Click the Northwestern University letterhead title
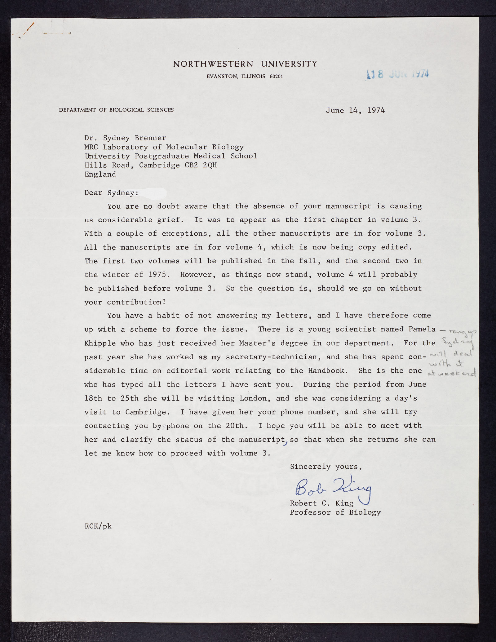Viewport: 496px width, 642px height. pos(245,64)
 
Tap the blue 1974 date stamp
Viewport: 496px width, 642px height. pos(398,74)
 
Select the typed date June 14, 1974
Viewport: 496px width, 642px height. pos(355,110)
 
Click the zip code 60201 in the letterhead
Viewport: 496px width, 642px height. pos(276,77)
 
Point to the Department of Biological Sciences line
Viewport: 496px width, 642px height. pos(116,110)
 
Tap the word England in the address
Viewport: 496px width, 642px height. pos(100,174)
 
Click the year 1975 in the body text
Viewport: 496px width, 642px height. pos(159,275)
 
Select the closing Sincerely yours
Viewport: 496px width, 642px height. pos(325,467)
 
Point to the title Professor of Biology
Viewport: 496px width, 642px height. pos(335,512)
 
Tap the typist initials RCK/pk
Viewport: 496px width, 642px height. pos(98,526)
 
